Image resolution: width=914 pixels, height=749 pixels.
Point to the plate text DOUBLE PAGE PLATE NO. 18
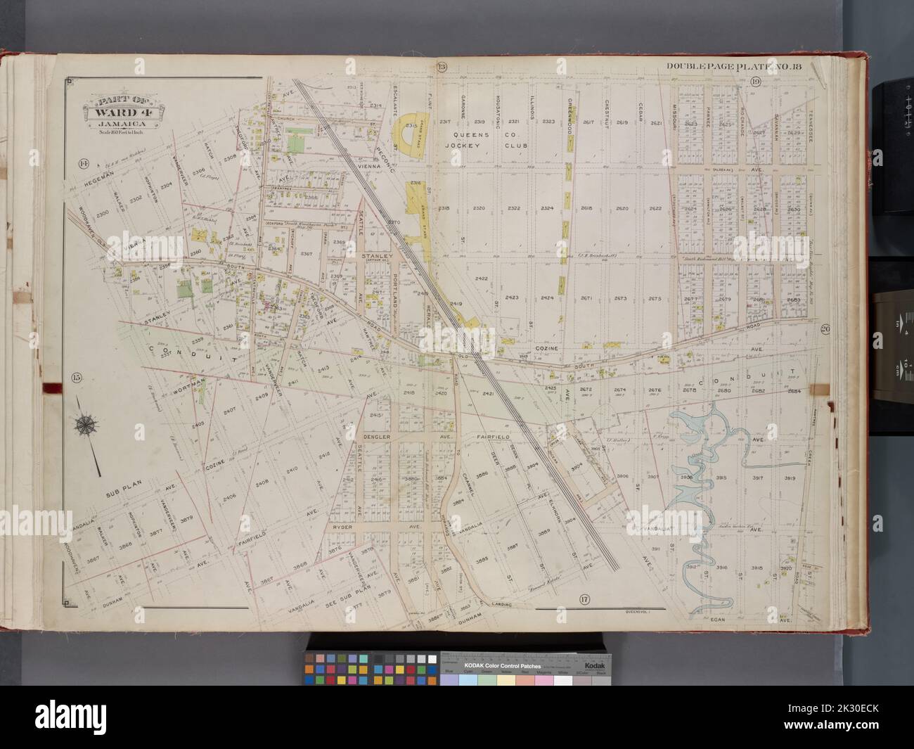point(738,67)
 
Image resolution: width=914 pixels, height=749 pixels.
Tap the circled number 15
point(77,377)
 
